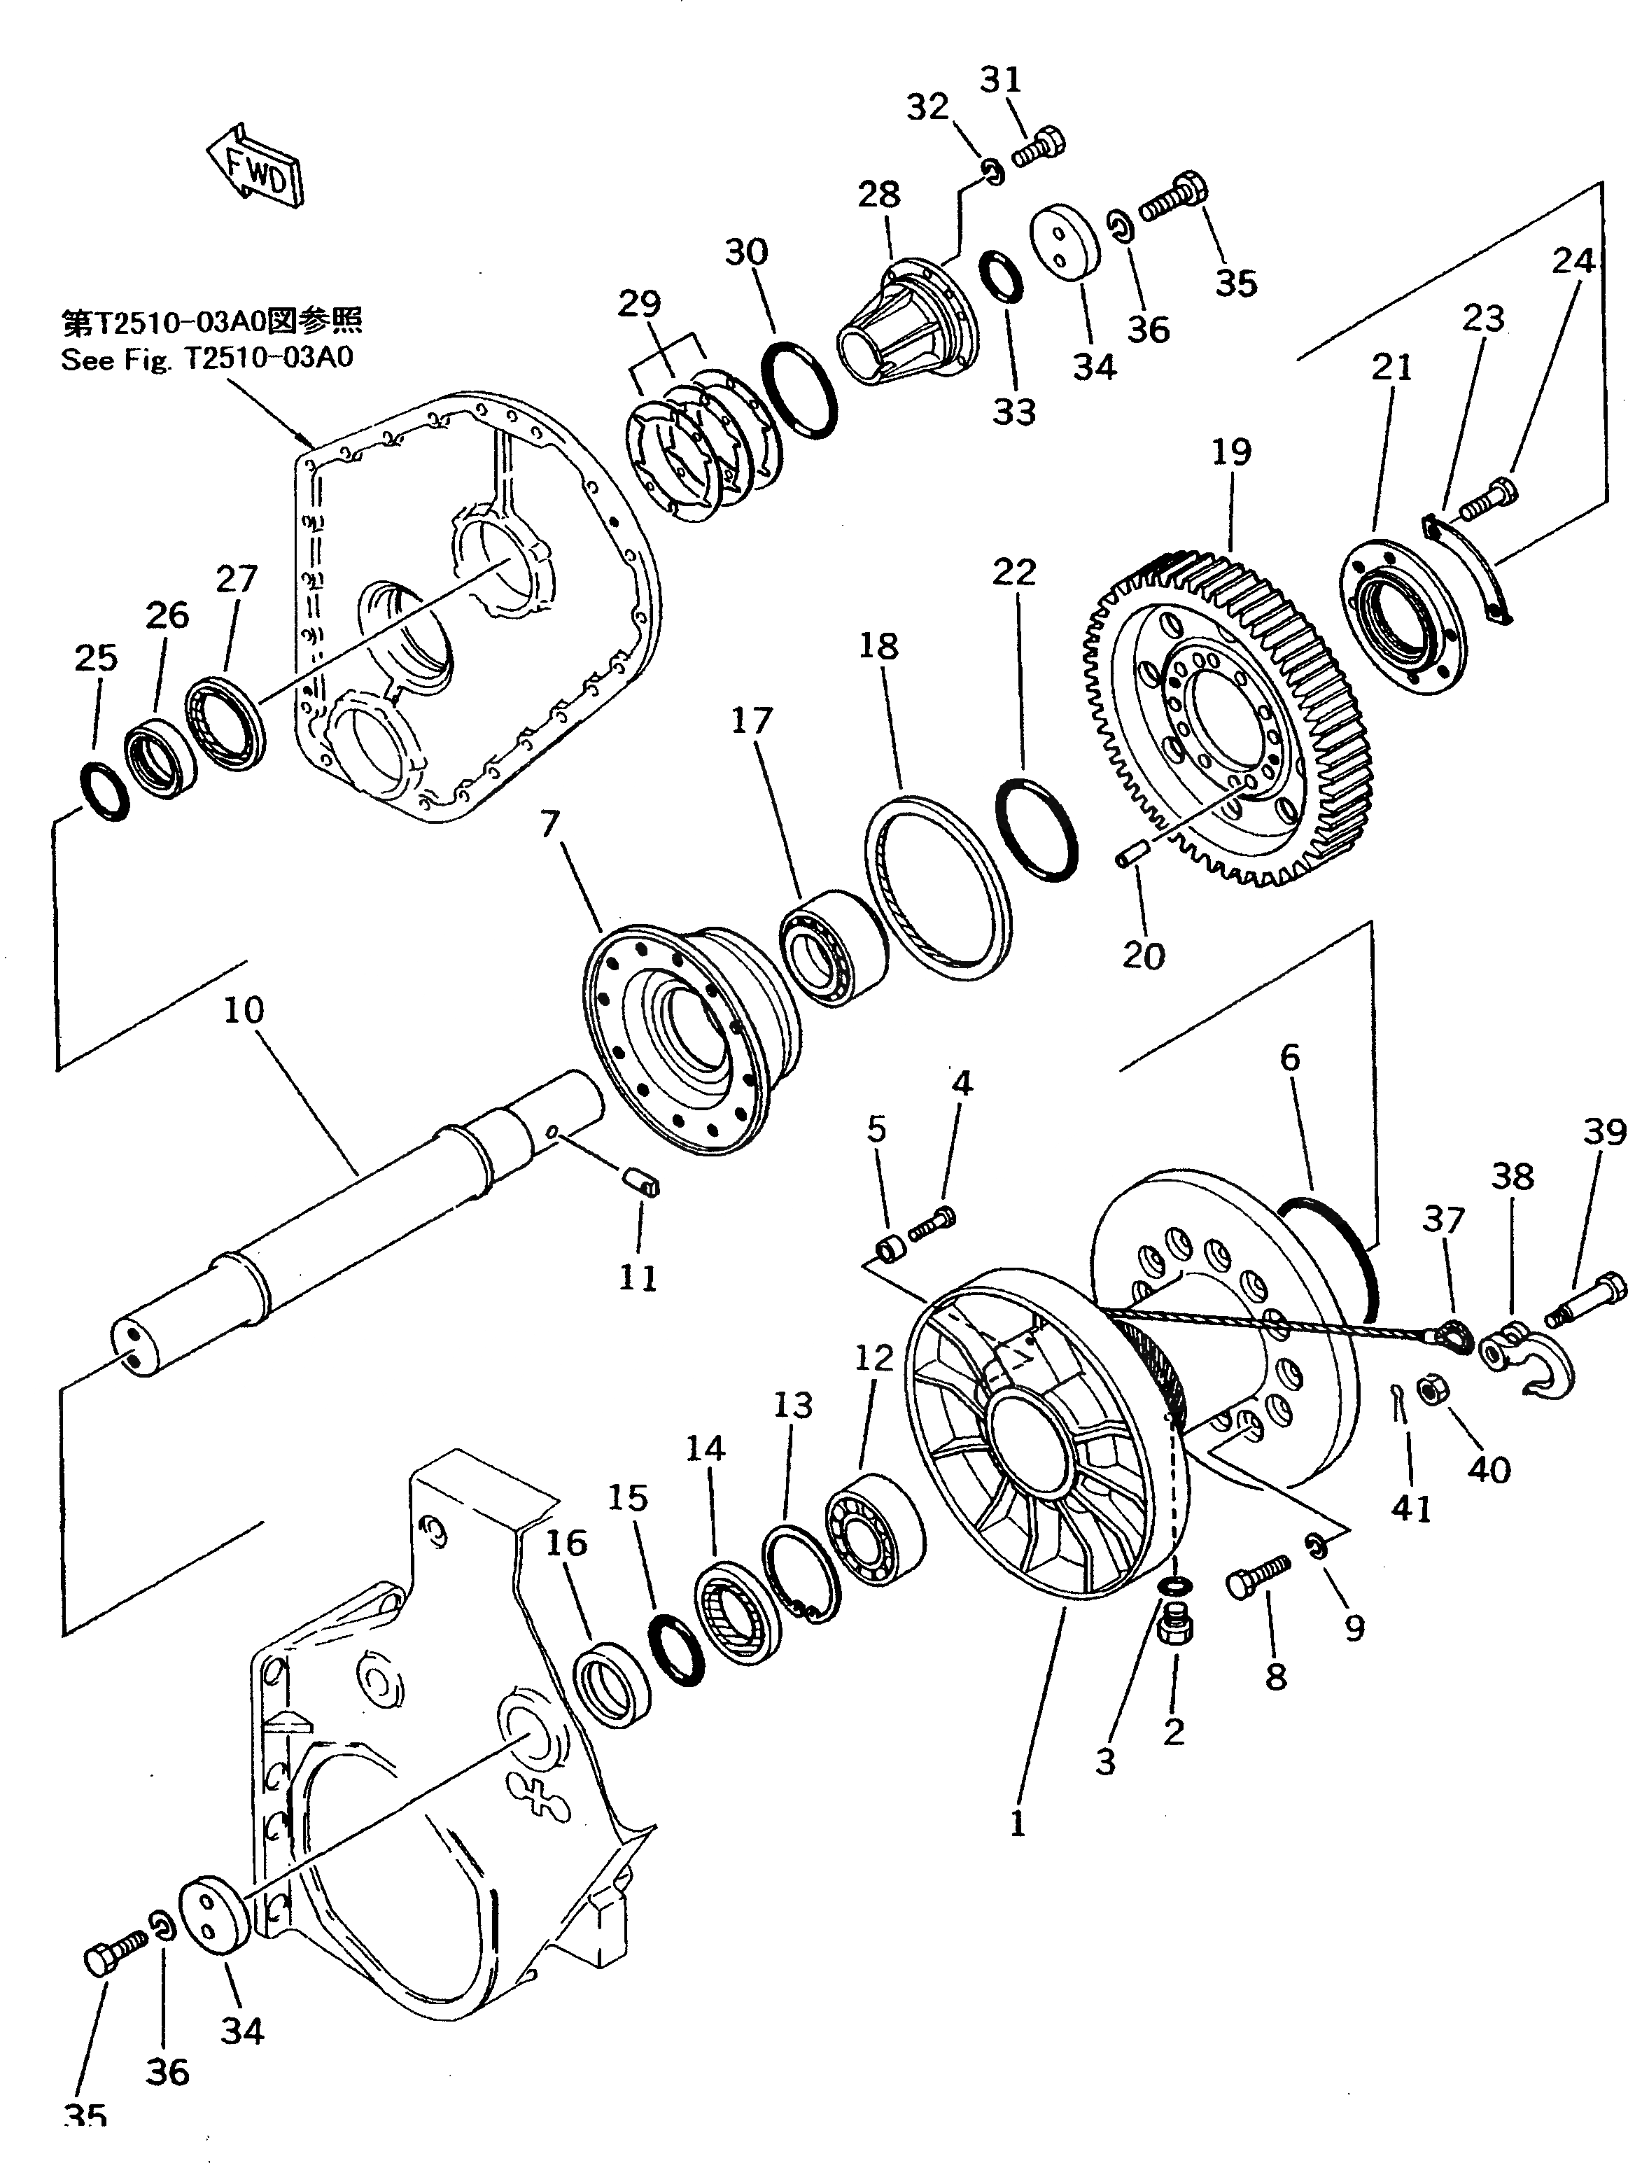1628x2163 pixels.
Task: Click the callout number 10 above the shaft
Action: (244, 1010)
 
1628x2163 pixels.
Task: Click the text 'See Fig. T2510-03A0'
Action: (207, 359)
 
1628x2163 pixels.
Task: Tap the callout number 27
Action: (237, 579)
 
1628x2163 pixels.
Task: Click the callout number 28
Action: (878, 195)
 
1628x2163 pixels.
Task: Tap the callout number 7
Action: (549, 825)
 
